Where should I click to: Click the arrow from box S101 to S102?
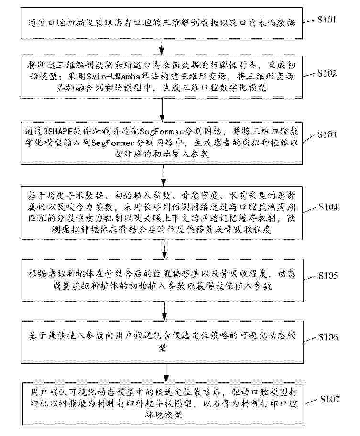164,46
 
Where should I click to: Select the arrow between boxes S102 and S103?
164,108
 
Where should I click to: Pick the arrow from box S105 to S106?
164,310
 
